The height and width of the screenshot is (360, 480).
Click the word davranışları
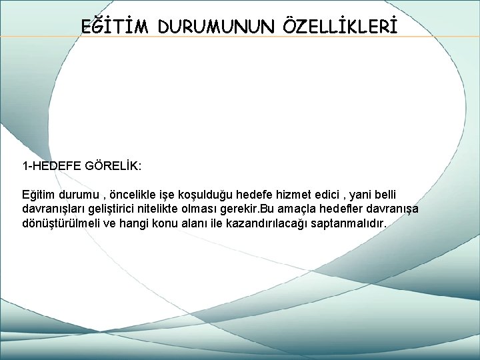(x=55, y=208)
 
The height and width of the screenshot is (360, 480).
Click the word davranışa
(x=398, y=208)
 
